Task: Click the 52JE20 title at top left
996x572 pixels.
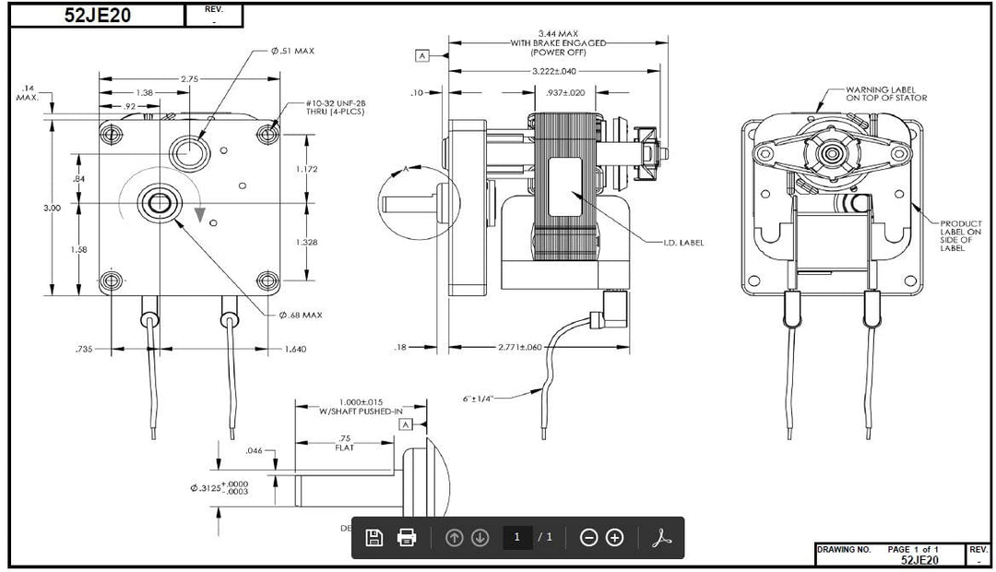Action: click(x=97, y=15)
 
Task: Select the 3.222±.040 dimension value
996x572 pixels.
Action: click(x=554, y=71)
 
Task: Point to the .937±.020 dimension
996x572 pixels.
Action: click(x=565, y=92)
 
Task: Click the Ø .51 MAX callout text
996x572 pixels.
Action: click(x=292, y=51)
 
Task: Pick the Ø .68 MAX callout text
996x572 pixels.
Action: click(x=301, y=316)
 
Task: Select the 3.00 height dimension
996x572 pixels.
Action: click(x=52, y=208)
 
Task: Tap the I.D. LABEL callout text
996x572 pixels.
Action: click(x=684, y=243)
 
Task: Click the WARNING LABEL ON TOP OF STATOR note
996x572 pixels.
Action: click(x=886, y=93)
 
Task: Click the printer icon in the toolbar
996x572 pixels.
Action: click(x=407, y=537)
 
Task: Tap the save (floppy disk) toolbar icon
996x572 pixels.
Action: click(x=374, y=537)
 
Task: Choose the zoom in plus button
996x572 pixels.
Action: click(x=615, y=537)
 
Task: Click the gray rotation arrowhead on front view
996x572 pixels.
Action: click(x=200, y=214)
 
